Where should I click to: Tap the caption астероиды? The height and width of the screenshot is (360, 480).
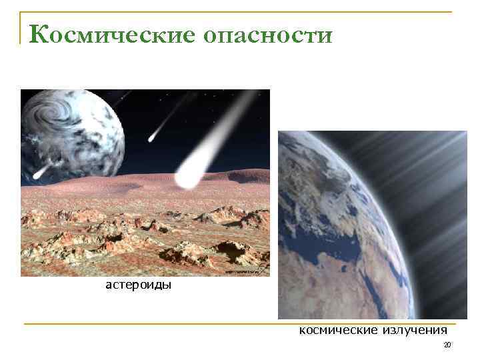point(139,285)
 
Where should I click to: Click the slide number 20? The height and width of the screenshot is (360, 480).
point(447,345)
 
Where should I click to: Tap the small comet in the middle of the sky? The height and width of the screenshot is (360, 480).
point(153,137)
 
